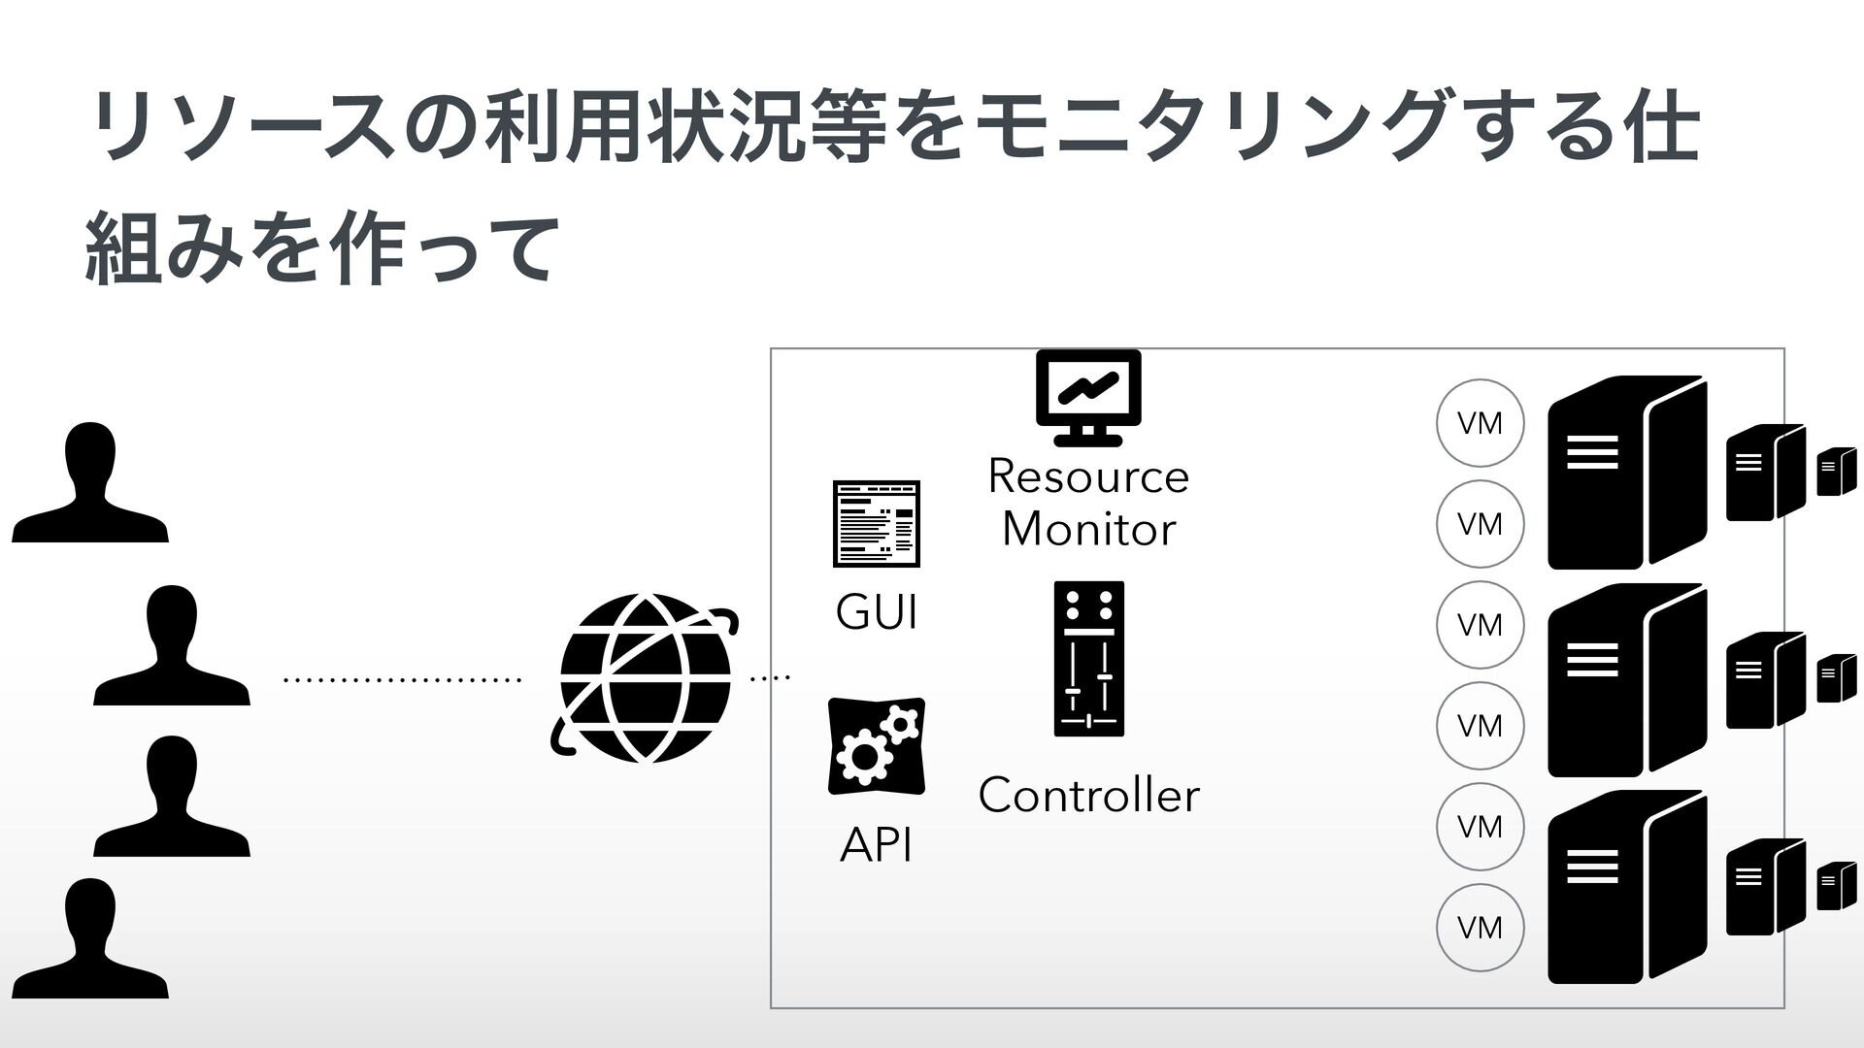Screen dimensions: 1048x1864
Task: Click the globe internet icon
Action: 644,677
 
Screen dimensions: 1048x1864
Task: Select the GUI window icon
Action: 876,523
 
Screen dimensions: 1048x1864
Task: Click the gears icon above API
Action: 876,746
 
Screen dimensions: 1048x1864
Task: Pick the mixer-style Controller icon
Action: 1088,659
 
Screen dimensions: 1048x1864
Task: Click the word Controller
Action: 1088,796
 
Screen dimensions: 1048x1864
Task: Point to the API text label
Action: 876,846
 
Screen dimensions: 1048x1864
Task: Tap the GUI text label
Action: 876,613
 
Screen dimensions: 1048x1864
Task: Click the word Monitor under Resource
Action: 1088,529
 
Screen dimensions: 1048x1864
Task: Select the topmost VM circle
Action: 1480,423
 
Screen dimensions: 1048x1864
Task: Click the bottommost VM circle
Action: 1480,928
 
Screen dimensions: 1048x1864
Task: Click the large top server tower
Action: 1626,473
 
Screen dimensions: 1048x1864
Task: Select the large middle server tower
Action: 1626,680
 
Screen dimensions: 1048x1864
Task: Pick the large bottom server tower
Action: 1626,887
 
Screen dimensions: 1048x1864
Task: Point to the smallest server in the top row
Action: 1836,472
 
